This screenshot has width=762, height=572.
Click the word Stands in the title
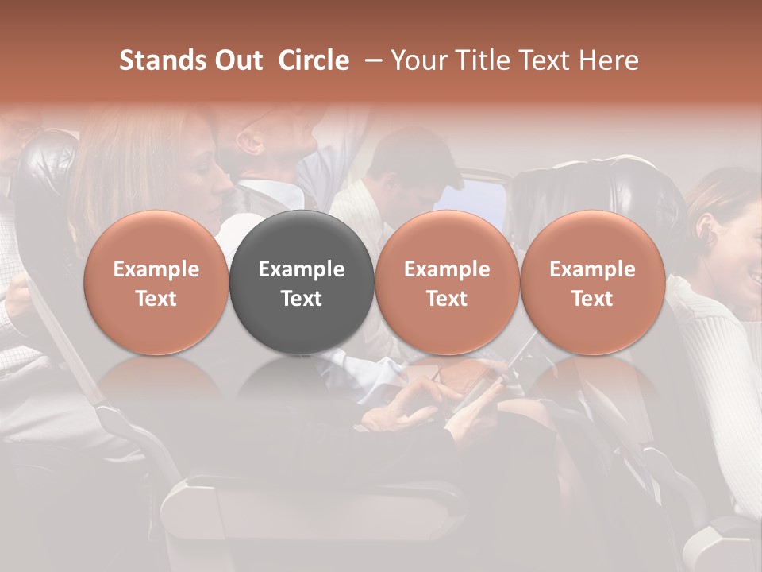pyautogui.click(x=164, y=60)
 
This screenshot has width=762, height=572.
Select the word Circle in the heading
pyautogui.click(x=314, y=60)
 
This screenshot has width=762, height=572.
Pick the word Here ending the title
pyautogui.click(x=609, y=60)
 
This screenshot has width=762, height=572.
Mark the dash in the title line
pyautogui.click(x=371, y=60)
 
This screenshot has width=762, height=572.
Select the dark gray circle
pyautogui.click(x=301, y=282)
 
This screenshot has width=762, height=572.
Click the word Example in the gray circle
pyautogui.click(x=301, y=269)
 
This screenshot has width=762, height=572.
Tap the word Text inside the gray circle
pyautogui.click(x=301, y=299)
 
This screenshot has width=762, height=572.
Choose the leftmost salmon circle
pyautogui.click(x=156, y=282)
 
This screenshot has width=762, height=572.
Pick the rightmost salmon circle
pyautogui.click(x=592, y=282)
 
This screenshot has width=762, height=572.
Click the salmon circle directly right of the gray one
pyautogui.click(x=447, y=282)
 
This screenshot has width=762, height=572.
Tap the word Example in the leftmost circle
pyautogui.click(x=156, y=269)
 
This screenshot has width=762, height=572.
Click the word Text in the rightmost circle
pyautogui.click(x=592, y=299)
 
